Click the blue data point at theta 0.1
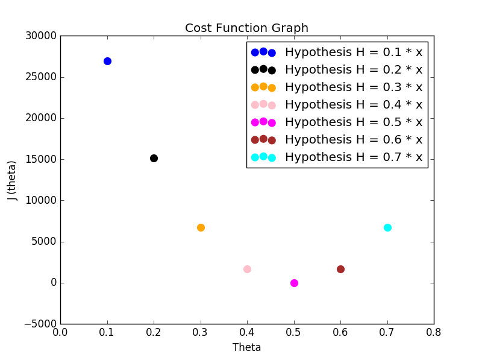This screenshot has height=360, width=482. (107, 61)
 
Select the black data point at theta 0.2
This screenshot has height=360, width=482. (154, 158)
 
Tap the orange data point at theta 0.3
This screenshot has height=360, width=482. (201, 227)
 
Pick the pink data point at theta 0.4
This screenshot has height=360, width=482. (247, 269)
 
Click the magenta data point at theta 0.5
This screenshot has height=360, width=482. (294, 283)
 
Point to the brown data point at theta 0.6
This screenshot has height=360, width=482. (340, 269)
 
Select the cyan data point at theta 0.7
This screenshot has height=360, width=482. (387, 227)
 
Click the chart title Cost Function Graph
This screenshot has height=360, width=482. (246, 28)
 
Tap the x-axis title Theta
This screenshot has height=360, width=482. (246, 347)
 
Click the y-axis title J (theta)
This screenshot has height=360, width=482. (12, 180)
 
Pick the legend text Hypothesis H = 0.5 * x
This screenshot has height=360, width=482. (353, 122)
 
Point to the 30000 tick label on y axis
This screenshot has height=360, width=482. (40, 36)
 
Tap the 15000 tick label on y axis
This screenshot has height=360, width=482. (40, 159)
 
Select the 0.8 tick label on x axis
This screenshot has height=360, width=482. (433, 332)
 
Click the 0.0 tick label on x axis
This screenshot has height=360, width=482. (60, 332)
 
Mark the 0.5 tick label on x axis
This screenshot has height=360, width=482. (293, 332)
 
